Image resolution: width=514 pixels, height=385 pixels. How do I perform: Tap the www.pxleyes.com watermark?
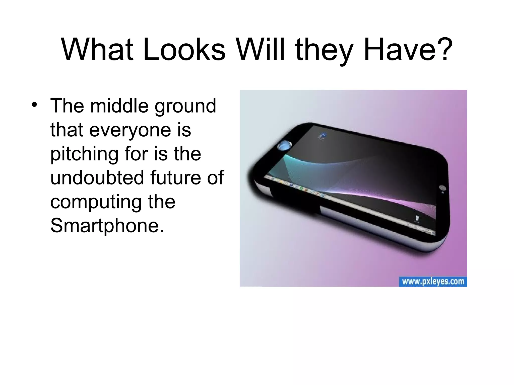click(x=433, y=281)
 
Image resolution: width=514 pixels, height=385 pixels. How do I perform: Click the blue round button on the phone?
click(x=285, y=145)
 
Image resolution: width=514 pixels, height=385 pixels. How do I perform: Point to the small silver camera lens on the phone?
click(x=442, y=188)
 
